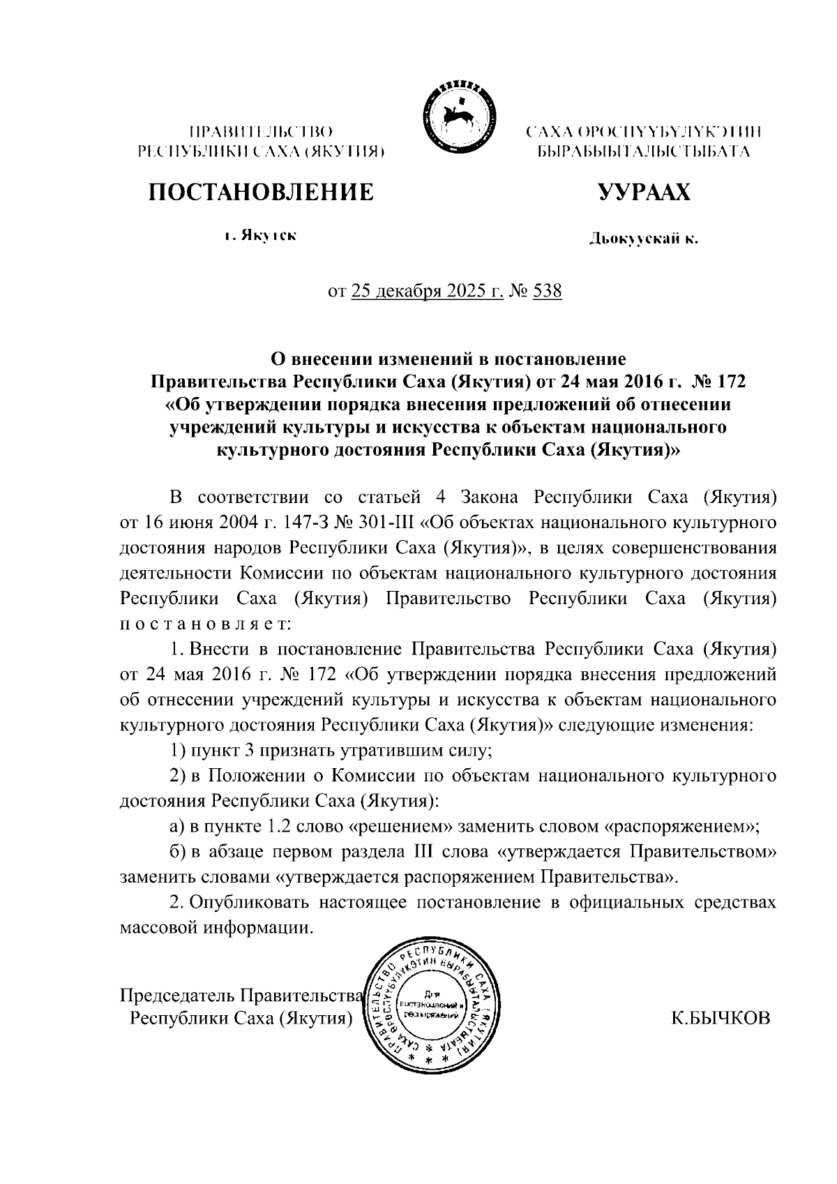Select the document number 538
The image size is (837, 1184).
tap(547, 290)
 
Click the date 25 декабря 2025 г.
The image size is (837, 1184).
tap(427, 290)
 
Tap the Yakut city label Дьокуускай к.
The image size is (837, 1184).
tap(643, 240)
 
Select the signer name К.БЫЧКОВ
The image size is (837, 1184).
tap(721, 1018)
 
